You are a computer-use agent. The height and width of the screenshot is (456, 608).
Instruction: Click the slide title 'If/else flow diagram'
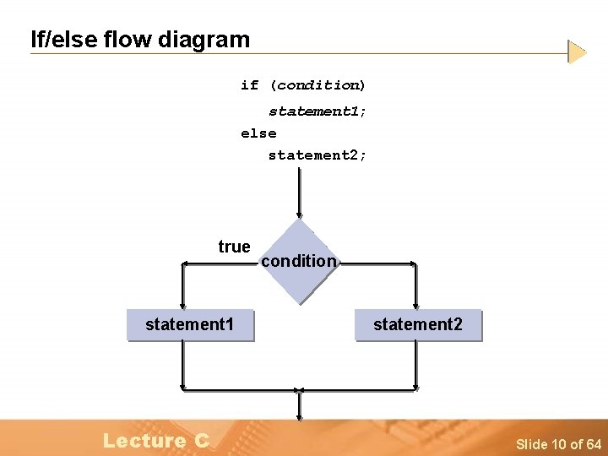tap(140, 39)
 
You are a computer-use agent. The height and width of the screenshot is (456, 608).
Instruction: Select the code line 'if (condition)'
tap(303, 85)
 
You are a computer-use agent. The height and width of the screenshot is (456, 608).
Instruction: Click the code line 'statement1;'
tap(318, 111)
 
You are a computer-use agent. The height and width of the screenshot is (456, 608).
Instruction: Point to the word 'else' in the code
tap(258, 133)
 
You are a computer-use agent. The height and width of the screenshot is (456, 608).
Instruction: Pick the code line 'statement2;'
tap(318, 155)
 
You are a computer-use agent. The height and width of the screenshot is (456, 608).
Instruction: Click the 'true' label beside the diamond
tap(234, 247)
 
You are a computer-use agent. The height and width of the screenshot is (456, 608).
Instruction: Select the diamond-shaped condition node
tap(299, 262)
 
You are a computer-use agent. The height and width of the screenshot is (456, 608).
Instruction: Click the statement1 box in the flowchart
tap(189, 324)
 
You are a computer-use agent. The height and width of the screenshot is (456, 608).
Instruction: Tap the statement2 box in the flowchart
tap(418, 324)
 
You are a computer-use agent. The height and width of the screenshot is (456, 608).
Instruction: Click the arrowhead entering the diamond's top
tap(299, 214)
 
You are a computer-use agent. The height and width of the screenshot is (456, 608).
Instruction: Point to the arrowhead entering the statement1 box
tap(182, 305)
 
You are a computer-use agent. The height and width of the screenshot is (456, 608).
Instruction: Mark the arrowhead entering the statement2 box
tap(416, 305)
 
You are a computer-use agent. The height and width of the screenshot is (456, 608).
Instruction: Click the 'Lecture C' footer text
tap(156, 440)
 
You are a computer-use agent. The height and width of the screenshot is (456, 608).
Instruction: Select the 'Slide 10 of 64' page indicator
tap(558, 444)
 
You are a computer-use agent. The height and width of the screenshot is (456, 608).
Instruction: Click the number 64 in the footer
tap(593, 444)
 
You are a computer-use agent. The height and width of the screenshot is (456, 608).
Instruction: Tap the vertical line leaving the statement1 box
tap(182, 365)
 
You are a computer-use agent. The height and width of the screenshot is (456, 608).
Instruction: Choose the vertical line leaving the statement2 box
tap(416, 365)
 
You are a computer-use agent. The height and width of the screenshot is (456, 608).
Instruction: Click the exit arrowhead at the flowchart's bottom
tap(299, 415)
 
